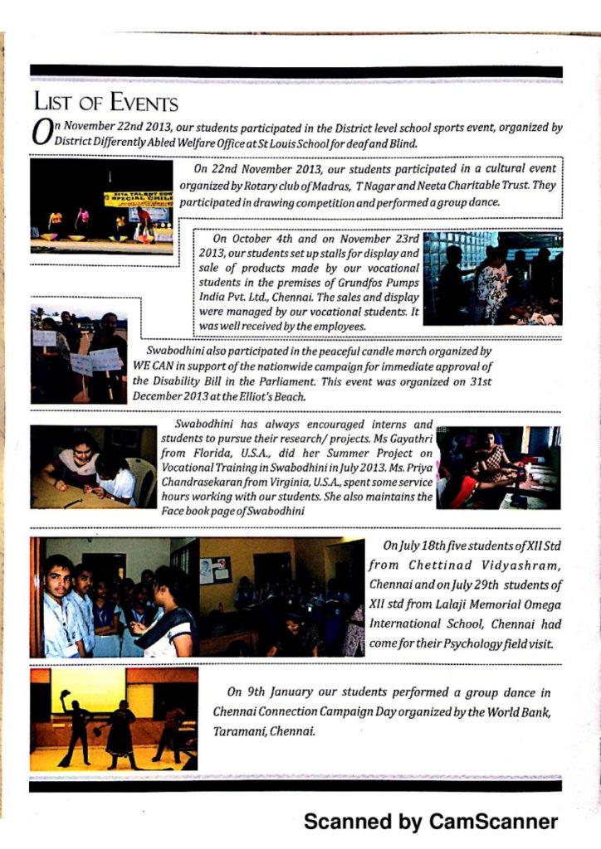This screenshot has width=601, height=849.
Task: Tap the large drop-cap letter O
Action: pos(41,134)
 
